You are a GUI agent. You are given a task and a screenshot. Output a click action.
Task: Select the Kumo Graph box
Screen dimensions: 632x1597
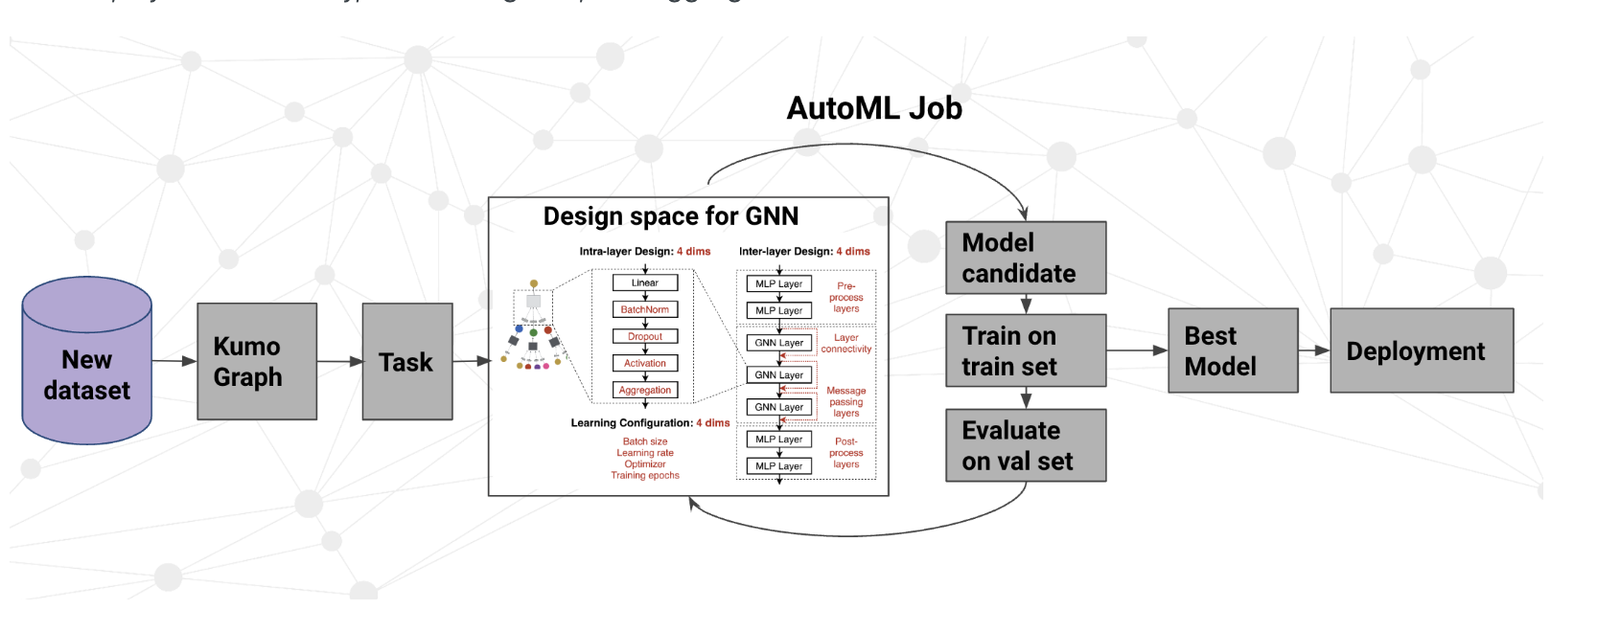tap(257, 361)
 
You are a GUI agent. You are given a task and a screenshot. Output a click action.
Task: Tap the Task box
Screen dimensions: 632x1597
tap(407, 361)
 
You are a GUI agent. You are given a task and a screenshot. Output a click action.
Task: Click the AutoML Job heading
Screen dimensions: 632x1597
tap(874, 108)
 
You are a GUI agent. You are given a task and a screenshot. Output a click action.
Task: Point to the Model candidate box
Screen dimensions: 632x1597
tap(1026, 258)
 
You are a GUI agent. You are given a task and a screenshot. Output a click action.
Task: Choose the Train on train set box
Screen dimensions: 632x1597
tap(1026, 350)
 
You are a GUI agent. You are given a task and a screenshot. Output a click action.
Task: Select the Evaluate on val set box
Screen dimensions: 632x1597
tap(1026, 445)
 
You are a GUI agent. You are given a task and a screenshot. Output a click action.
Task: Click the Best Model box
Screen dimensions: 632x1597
tap(1233, 350)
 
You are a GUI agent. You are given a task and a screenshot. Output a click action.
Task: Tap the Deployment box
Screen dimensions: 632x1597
tap(1422, 350)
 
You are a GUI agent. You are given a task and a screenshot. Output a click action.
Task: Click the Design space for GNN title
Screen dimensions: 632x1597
tap(671, 216)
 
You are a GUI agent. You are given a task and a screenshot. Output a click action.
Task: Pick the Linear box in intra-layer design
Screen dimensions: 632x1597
tap(645, 282)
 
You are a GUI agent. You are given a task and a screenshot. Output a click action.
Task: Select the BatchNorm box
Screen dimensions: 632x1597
tap(645, 309)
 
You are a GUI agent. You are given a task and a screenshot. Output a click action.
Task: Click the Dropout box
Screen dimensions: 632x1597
tap(645, 336)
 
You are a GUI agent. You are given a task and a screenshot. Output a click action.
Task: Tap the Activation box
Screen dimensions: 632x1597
tap(645, 363)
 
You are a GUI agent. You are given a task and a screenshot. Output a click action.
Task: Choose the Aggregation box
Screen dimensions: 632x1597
tap(645, 390)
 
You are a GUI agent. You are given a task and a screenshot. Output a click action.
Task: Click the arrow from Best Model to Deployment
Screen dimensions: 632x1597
tap(1314, 350)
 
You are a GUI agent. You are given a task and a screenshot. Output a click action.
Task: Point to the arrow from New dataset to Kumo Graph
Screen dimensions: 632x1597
tap(174, 361)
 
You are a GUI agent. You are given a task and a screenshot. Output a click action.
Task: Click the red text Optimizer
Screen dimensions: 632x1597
tap(645, 464)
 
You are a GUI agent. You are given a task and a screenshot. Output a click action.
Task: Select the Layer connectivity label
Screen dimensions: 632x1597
tap(846, 344)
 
